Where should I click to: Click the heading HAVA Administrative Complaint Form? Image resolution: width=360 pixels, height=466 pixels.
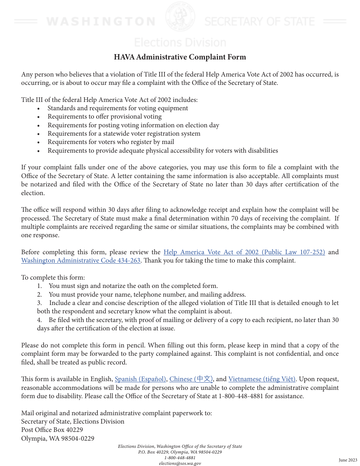coord(180,57)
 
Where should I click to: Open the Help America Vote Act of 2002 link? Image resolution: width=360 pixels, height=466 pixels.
coord(244,252)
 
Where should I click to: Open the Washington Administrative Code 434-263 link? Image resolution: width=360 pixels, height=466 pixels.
coord(81,261)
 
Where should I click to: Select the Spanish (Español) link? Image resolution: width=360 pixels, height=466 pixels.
coord(140,379)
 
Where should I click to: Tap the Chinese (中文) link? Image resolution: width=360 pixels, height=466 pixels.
coord(191,379)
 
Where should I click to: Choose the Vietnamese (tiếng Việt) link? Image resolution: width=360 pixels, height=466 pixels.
coord(262,379)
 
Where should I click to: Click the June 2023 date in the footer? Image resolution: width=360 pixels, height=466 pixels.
coord(347,460)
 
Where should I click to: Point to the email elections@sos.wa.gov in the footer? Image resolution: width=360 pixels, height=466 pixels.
coord(180,463)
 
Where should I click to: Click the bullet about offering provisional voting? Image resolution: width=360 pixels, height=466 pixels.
coord(105,117)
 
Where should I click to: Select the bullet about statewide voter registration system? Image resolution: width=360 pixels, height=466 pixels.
coord(124,134)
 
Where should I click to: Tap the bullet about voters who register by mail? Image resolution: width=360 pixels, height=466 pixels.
coord(111,142)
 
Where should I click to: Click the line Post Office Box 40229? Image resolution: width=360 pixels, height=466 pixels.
coord(52,430)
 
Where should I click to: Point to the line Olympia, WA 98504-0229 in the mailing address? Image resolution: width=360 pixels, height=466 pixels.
coord(58,439)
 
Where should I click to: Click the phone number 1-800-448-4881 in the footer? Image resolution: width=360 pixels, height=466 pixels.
coord(180,458)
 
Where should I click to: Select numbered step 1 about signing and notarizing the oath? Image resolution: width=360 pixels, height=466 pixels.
coord(133,286)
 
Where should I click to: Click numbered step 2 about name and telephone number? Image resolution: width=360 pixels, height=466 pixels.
coord(147,295)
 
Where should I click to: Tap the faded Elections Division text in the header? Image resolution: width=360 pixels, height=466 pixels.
coord(180,42)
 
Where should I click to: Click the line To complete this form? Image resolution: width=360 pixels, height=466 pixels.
coord(53,278)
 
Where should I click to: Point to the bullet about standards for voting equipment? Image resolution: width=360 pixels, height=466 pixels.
coord(117,108)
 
